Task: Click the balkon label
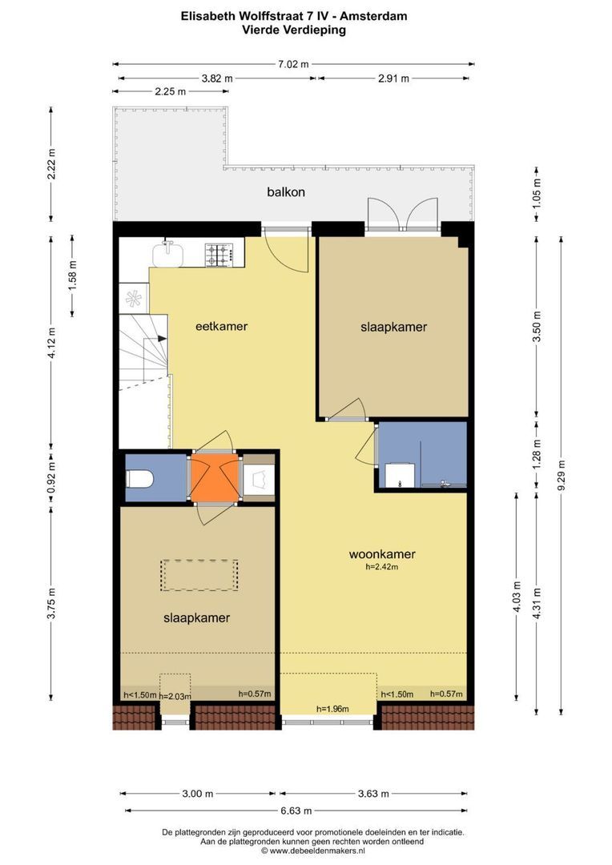pyautogui.click(x=285, y=192)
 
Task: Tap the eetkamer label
pyautogui.click(x=221, y=326)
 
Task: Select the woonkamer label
pyautogui.click(x=382, y=554)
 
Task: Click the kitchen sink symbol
pyautogui.click(x=168, y=254)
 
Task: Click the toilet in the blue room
pyautogui.click(x=139, y=478)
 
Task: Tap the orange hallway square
pyautogui.click(x=215, y=477)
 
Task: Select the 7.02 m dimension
pyautogui.click(x=293, y=64)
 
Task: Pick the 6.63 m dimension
pyautogui.click(x=296, y=811)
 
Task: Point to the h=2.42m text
pyautogui.click(x=382, y=566)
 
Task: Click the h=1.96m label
pyautogui.click(x=332, y=709)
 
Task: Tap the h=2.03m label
pyautogui.click(x=175, y=696)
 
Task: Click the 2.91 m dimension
pyautogui.click(x=393, y=78)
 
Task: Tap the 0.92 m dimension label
pyautogui.click(x=51, y=478)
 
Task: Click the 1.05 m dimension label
pyautogui.click(x=538, y=193)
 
